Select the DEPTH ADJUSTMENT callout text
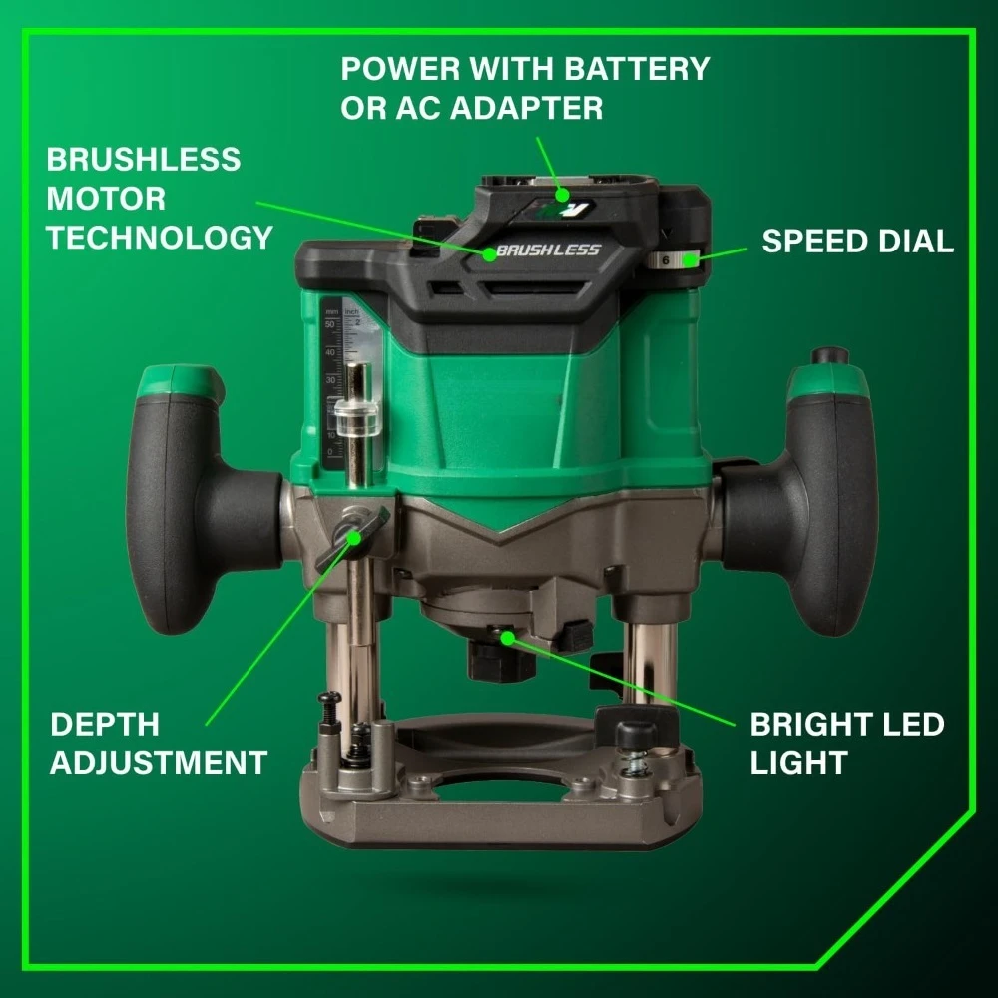[x=158, y=744]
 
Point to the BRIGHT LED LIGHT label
[x=846, y=744]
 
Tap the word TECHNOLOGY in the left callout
[x=160, y=238]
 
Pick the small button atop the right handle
[x=829, y=356]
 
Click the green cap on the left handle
[x=180, y=379]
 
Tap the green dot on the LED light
[x=506, y=635]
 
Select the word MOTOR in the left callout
[x=106, y=198]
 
